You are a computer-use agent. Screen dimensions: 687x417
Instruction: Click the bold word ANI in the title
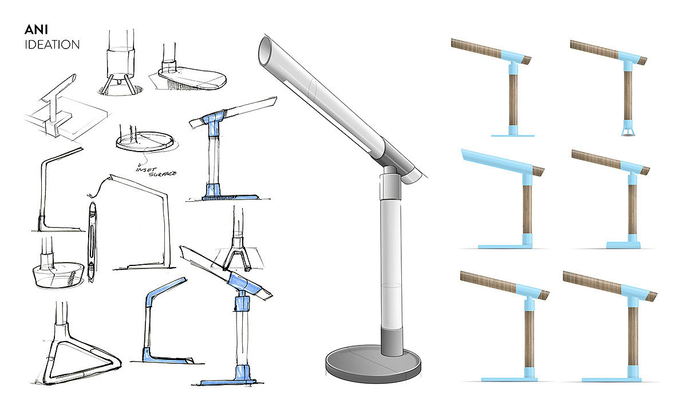[x=36, y=30]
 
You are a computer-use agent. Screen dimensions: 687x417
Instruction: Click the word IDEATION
[x=52, y=45]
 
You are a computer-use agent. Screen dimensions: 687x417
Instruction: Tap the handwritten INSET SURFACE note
[x=156, y=171]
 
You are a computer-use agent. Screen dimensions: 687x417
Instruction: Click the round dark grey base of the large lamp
[x=373, y=364]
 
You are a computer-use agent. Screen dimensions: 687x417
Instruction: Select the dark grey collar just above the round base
[x=392, y=341]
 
